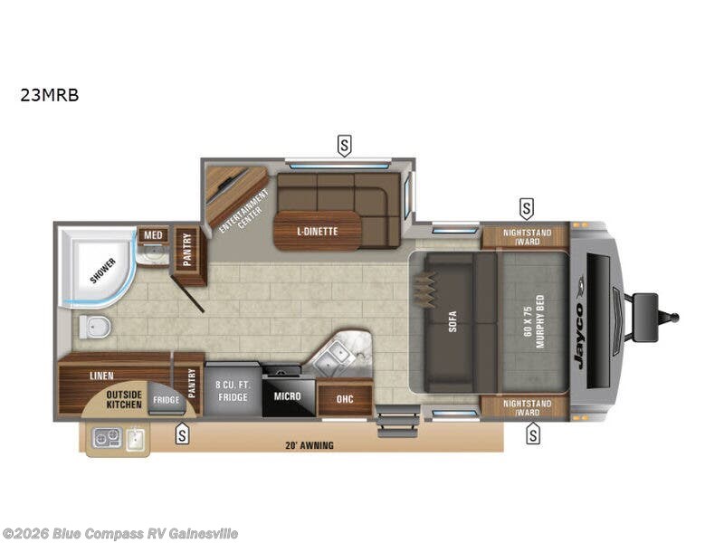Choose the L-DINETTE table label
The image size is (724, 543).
(x=317, y=232)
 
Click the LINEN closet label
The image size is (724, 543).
(x=101, y=374)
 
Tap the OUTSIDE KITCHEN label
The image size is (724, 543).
(x=124, y=399)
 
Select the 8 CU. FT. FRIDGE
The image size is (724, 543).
(x=233, y=391)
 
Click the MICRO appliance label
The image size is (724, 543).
(x=287, y=396)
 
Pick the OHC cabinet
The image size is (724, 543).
(x=345, y=398)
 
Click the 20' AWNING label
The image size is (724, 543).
(x=309, y=444)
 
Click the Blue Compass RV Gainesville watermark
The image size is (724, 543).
(x=120, y=533)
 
